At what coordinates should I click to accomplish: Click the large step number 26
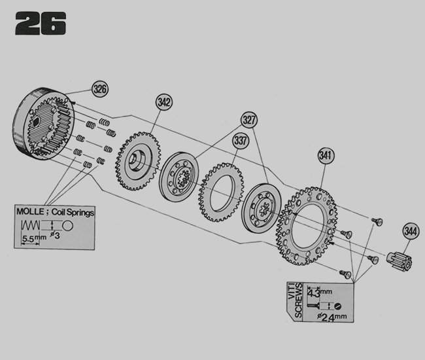[x=41, y=23]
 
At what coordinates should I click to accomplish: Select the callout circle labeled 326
[x=100, y=89]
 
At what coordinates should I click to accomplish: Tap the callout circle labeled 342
[x=164, y=102]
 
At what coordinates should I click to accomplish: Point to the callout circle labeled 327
[x=249, y=120]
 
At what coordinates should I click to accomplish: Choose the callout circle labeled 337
[x=241, y=141]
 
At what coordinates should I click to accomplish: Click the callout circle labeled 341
[x=326, y=156]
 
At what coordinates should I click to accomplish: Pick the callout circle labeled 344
[x=411, y=232]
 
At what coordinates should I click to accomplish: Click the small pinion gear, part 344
[x=399, y=260]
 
